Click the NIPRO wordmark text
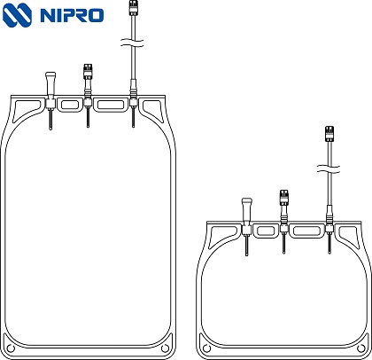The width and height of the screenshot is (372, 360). tap(72, 15)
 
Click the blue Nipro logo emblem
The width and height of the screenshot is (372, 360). tap(17, 15)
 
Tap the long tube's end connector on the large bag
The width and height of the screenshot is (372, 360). tap(133, 8)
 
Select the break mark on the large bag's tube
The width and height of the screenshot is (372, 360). tap(132, 43)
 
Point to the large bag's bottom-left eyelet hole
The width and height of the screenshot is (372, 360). tap(11, 348)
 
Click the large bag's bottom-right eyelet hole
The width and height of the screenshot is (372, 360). tap(165, 348)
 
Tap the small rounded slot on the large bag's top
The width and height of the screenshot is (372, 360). tap(70, 105)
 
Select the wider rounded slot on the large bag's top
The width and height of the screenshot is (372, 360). tap(111, 105)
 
